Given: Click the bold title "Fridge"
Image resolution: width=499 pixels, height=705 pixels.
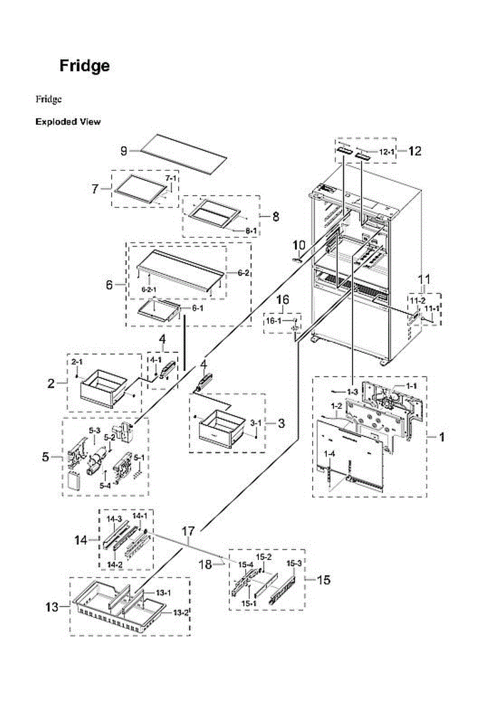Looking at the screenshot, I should tap(84, 66).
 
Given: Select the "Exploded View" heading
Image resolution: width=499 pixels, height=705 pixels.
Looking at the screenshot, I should tap(68, 122).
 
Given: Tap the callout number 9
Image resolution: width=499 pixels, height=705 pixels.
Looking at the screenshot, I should tap(124, 151).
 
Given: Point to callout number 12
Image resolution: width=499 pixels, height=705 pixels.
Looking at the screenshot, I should tap(414, 151).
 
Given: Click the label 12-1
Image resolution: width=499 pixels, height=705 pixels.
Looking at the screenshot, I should tap(386, 152).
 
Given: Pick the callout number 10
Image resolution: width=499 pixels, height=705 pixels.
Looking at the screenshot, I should tap(299, 244).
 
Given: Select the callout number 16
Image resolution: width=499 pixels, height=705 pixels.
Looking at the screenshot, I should tap(283, 300).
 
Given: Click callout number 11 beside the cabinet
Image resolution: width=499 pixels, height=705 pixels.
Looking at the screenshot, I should tap(424, 278).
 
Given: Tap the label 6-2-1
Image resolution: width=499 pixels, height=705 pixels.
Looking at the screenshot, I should tap(149, 290).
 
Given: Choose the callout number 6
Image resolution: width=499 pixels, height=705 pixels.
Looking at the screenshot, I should tap(109, 285).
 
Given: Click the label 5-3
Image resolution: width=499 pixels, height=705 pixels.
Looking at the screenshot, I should tap(94, 431).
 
